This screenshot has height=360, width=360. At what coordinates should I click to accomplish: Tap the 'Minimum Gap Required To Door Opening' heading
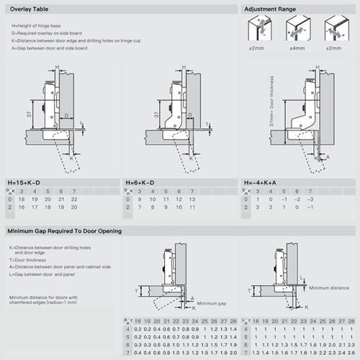pos(63,231)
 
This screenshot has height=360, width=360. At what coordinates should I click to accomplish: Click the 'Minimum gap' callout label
pos(212,303)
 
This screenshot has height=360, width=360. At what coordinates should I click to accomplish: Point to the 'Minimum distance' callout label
pos(328,288)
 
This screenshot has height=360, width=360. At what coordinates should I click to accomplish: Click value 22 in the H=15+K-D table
pos(73,198)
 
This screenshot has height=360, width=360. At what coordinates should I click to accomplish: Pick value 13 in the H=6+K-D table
pos(192,198)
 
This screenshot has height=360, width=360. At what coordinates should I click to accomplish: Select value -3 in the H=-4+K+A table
pos(311,198)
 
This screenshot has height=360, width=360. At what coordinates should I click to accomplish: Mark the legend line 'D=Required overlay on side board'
pos(46,34)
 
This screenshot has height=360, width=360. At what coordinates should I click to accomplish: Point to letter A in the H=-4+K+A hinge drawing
pos(328,157)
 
